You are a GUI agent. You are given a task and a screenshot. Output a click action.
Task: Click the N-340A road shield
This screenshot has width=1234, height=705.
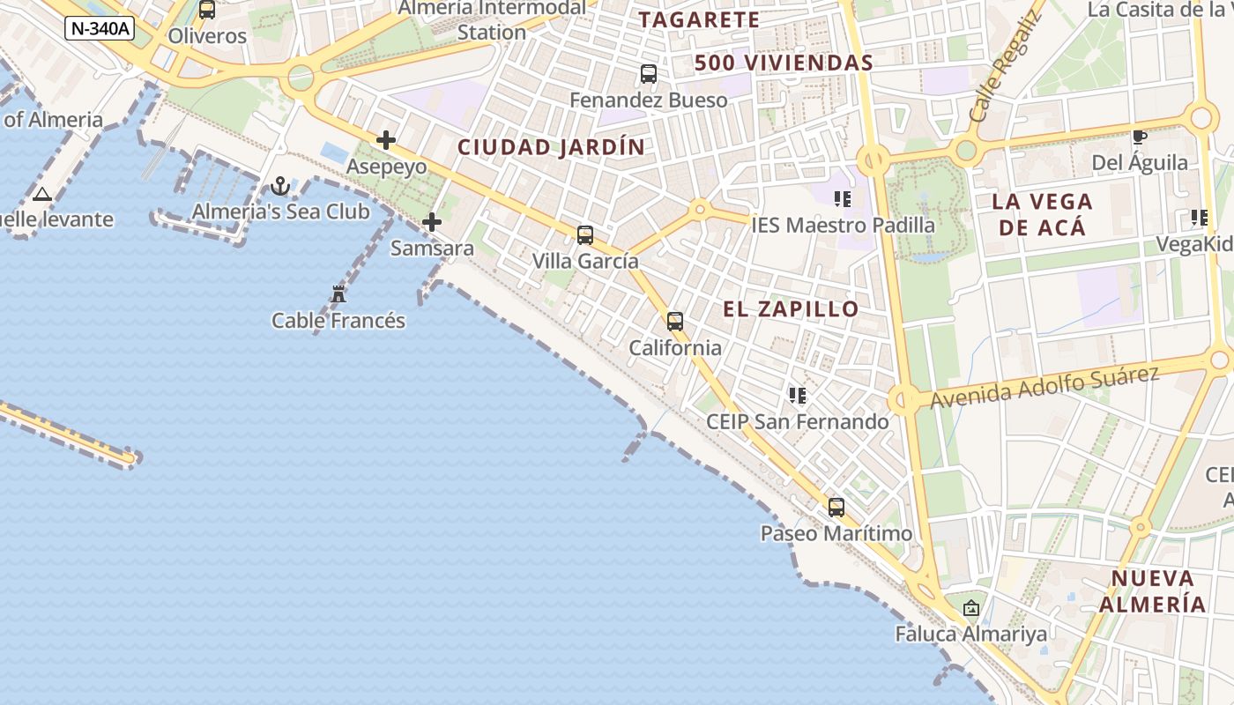[100, 28]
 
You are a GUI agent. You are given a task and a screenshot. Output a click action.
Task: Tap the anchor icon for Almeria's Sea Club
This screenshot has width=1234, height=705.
[280, 186]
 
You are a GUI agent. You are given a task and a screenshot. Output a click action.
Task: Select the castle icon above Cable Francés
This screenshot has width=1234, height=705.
[338, 294]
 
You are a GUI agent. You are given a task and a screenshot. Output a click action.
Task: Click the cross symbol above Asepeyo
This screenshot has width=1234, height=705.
[386, 140]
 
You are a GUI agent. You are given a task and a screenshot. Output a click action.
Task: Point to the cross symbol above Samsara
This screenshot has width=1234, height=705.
[432, 222]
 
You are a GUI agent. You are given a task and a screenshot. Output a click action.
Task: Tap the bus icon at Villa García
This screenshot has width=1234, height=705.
[585, 235]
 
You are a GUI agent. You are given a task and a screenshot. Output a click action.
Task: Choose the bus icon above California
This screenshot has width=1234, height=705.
[675, 322]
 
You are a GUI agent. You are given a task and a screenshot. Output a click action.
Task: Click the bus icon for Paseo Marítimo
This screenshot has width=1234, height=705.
[836, 508]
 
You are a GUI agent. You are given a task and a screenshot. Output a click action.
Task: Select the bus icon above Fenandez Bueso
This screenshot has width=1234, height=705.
[649, 74]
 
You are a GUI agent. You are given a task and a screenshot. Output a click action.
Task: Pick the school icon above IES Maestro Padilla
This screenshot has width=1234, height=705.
[843, 199]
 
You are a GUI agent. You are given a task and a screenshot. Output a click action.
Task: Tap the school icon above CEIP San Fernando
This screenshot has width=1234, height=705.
[798, 396]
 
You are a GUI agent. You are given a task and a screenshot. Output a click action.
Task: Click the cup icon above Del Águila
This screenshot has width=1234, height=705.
[1139, 137]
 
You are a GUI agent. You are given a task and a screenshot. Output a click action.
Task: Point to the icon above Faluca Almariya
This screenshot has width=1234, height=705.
[971, 608]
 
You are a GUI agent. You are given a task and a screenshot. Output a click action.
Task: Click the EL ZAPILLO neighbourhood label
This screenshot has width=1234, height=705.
[791, 309]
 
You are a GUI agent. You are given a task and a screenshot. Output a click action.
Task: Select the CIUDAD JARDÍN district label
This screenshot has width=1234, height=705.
[551, 147]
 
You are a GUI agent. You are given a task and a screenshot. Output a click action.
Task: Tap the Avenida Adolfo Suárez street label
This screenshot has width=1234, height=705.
[1044, 386]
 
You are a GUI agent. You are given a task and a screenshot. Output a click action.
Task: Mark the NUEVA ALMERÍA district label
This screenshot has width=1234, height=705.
[1152, 591]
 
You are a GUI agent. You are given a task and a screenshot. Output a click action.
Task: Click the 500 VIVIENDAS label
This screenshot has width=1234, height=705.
[784, 63]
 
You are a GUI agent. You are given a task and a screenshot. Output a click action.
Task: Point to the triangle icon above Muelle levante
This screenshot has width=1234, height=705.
[42, 194]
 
